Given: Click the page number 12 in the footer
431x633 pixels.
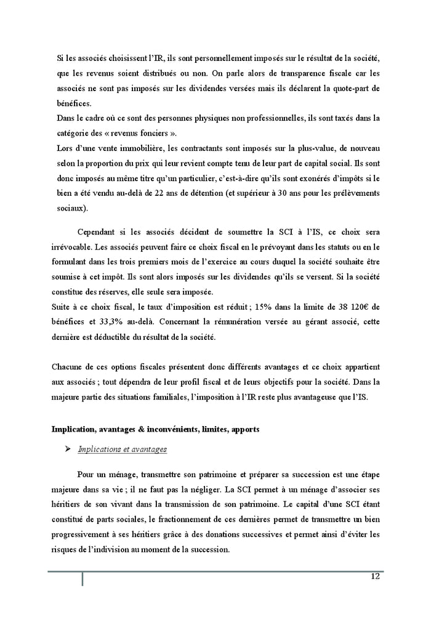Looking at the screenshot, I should pyautogui.click(x=374, y=576).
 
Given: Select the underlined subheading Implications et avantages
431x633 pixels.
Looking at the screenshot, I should pyautogui.click(x=122, y=450).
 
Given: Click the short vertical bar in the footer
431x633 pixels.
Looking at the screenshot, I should pyautogui.click(x=83, y=579).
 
